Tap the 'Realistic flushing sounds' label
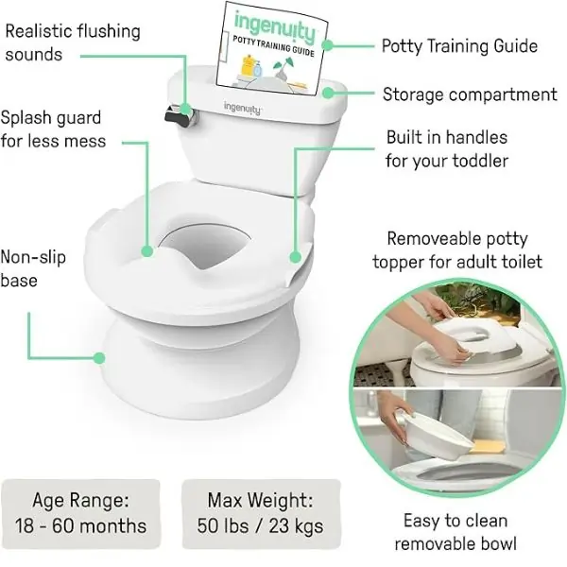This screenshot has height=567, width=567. [73, 43]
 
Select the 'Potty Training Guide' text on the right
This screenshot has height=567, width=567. [459, 46]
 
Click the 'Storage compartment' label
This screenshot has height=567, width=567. [470, 94]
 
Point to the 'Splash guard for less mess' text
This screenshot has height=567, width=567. [53, 129]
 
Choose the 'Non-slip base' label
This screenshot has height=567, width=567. [33, 268]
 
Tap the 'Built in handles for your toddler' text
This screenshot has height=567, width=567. [447, 149]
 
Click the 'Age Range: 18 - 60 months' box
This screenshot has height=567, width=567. [80, 513]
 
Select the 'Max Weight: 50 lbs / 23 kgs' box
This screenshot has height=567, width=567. [261, 513]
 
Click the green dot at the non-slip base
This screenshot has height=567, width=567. [98, 358]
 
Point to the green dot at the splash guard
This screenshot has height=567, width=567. [147, 251]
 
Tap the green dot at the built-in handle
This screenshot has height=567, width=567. [296, 257]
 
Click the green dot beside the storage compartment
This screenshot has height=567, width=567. [328, 93]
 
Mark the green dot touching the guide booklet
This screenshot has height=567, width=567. [327, 45]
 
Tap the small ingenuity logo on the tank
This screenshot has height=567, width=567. [242, 108]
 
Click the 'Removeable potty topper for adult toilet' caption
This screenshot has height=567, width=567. [457, 250]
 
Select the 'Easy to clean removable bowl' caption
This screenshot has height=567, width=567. [455, 532]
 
